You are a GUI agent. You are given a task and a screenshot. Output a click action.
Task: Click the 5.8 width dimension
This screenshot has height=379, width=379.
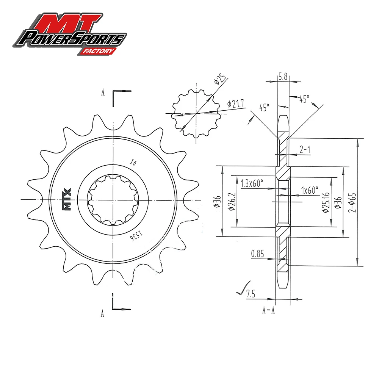click(x=283, y=77)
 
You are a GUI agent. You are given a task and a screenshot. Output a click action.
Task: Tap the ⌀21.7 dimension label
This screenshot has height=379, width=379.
click(x=235, y=104)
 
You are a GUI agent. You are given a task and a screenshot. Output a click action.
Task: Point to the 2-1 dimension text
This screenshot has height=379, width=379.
click(x=305, y=150)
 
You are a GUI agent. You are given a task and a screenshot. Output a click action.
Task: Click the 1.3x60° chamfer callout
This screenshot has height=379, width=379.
click(x=252, y=183)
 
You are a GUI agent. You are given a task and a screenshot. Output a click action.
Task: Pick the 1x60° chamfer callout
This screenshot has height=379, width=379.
click(x=309, y=190)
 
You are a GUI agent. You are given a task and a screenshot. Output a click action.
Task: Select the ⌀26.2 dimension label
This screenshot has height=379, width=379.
click(x=232, y=201)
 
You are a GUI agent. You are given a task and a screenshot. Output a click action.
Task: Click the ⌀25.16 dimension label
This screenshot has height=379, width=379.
click(x=326, y=202)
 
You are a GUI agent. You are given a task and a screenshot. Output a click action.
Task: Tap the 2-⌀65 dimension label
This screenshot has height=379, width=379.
click(x=352, y=202)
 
